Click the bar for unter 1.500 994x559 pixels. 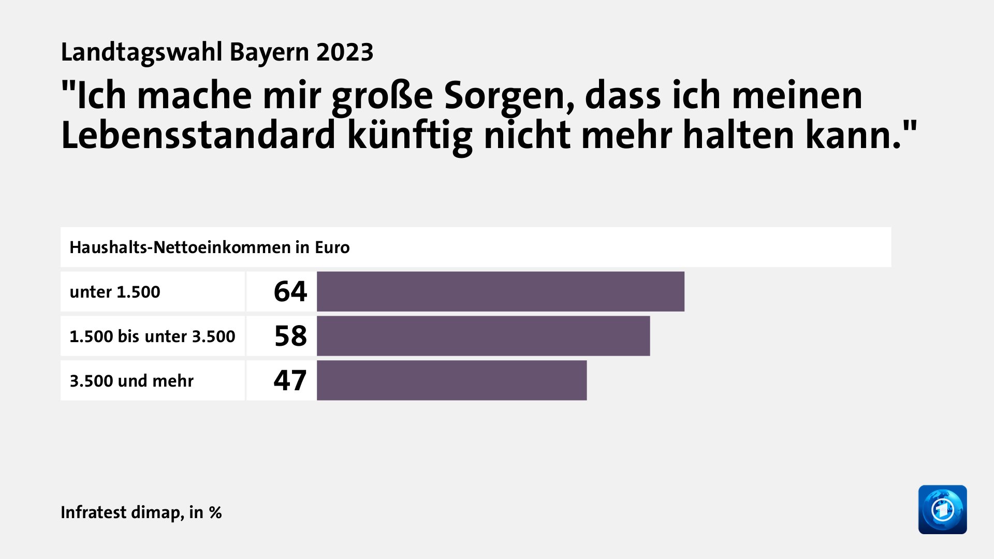point(500,291)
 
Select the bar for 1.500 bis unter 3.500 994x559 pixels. point(483,336)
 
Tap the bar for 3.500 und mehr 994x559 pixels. point(451,380)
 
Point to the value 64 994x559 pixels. point(290,291)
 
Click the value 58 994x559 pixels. point(290,336)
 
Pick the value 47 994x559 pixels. point(290,380)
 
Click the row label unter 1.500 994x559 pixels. point(115,292)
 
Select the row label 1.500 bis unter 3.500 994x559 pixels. point(152,336)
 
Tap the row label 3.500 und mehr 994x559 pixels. point(131,381)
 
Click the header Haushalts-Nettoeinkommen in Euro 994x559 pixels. point(210,247)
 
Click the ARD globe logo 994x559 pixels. point(942,509)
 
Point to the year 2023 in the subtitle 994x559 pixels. point(345,52)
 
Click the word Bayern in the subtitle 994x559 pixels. point(269,52)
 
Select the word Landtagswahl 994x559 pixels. point(141,52)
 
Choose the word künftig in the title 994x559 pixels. point(410,136)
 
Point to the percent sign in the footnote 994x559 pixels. point(215,513)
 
